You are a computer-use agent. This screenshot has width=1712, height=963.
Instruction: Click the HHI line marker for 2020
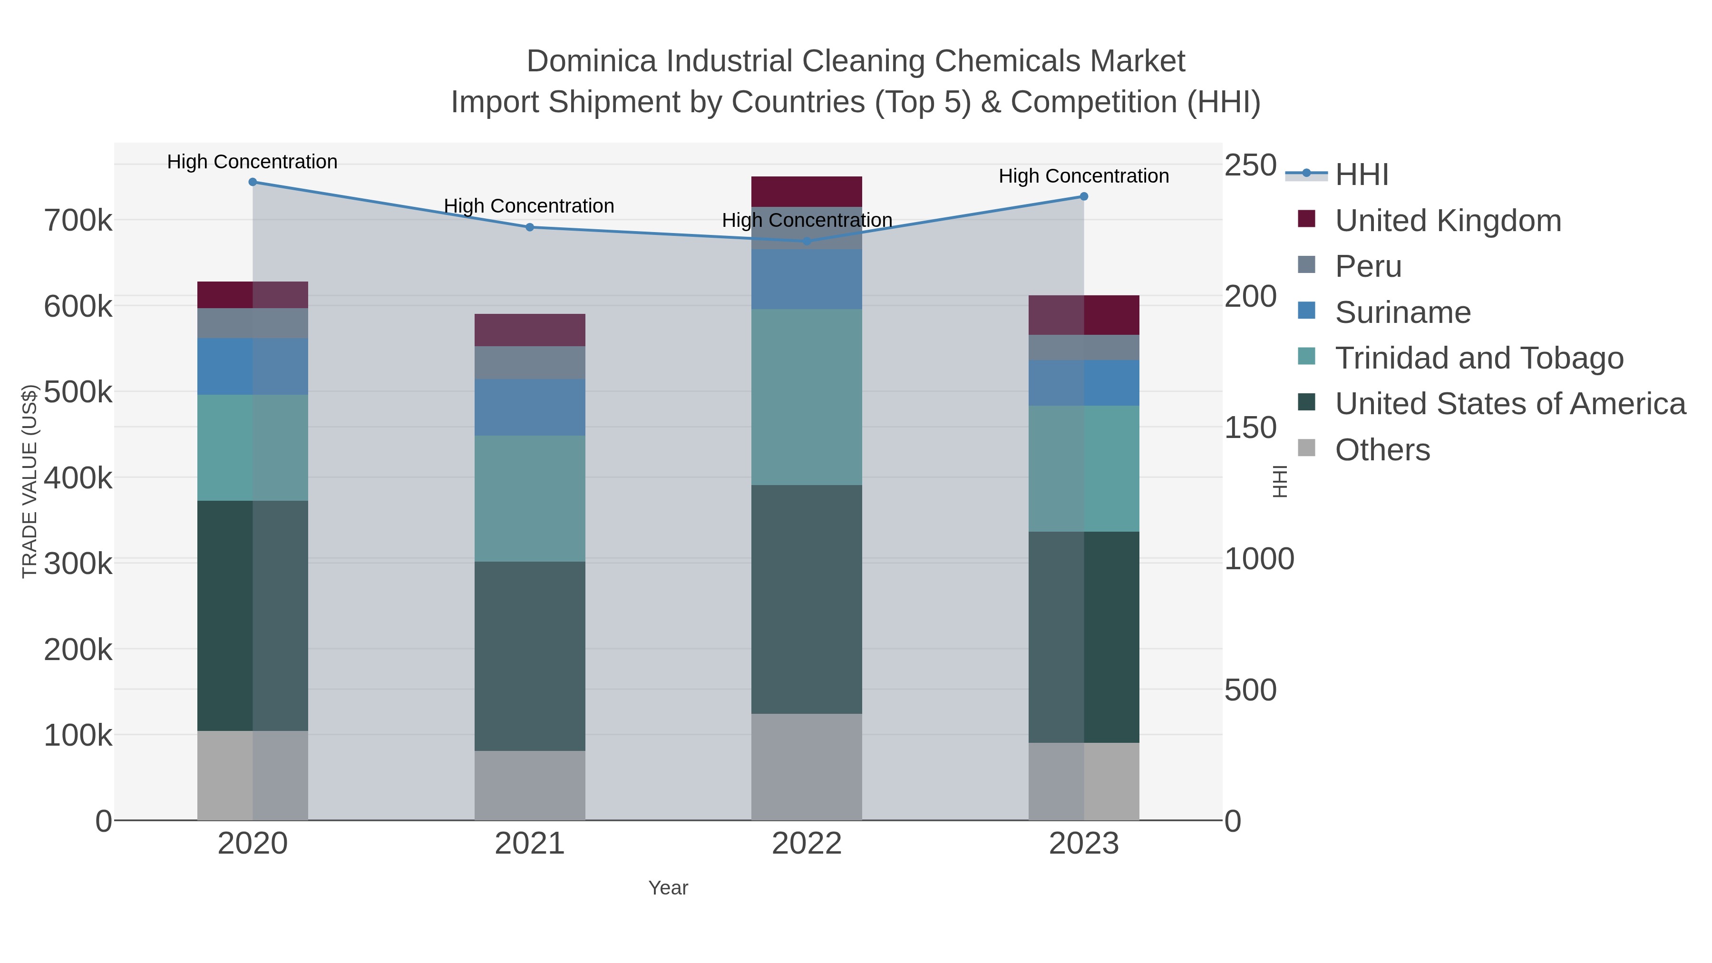click(253, 182)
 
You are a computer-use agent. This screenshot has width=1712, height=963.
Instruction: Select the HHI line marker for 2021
click(530, 227)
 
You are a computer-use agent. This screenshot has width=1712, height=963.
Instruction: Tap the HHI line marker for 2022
click(807, 241)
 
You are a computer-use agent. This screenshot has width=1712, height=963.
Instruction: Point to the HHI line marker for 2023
click(1084, 197)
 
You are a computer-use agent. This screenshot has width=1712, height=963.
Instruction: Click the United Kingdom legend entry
click(1448, 221)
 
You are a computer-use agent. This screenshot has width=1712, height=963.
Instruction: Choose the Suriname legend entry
click(1402, 312)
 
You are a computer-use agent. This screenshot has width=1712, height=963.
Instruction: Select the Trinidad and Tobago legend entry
click(1479, 358)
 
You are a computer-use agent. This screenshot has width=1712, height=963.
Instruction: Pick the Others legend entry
click(1381, 450)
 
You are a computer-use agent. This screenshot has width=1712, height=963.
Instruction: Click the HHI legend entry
click(1361, 175)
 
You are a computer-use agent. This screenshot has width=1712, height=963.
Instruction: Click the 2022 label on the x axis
click(807, 844)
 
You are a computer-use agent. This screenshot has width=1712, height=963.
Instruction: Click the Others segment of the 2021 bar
click(530, 786)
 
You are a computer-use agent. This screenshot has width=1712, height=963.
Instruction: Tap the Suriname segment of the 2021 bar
click(530, 408)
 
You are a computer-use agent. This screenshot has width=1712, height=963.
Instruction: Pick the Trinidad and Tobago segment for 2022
click(807, 397)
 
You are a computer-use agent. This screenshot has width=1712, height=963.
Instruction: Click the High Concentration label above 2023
click(1084, 176)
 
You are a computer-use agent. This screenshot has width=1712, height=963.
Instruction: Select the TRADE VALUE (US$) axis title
click(29, 481)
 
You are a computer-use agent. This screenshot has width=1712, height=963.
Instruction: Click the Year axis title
click(668, 888)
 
